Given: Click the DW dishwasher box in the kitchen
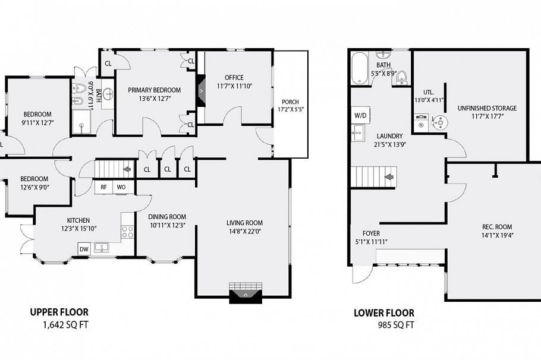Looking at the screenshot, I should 84,249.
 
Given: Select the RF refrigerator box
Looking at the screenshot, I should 103,187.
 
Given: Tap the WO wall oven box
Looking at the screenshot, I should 121,187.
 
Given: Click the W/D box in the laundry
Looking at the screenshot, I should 360,115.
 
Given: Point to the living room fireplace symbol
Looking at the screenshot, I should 245,293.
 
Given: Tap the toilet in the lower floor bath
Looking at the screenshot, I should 402,77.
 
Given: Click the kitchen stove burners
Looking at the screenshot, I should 128,232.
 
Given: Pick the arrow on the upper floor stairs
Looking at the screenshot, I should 127,169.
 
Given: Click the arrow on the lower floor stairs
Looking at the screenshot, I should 389,176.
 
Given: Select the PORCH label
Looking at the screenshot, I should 290,102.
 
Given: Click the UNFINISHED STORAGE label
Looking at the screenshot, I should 486,108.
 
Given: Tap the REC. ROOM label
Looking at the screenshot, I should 496,227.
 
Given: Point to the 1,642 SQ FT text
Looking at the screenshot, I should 65,325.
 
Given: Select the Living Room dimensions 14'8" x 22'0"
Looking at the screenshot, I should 244,232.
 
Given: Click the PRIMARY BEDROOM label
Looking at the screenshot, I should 154,90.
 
